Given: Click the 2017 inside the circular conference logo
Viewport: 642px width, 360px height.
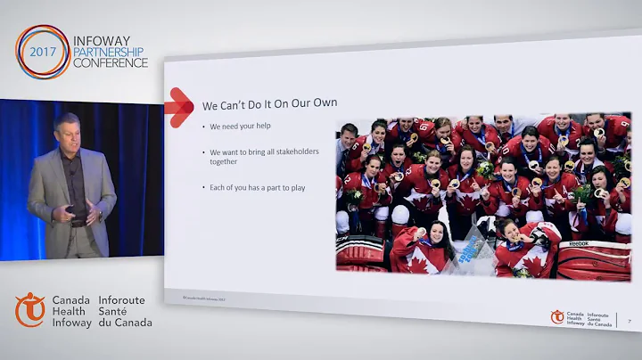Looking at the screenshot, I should click(42, 52).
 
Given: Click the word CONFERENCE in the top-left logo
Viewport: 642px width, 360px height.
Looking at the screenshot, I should click(111, 64).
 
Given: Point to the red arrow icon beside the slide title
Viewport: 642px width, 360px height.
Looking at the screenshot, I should click(179, 107).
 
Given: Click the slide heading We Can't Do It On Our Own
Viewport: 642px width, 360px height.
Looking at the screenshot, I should click(269, 103).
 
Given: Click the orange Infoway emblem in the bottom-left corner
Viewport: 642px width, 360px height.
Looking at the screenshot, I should click(30, 309).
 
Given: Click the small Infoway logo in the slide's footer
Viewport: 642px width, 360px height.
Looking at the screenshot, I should click(557, 316).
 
